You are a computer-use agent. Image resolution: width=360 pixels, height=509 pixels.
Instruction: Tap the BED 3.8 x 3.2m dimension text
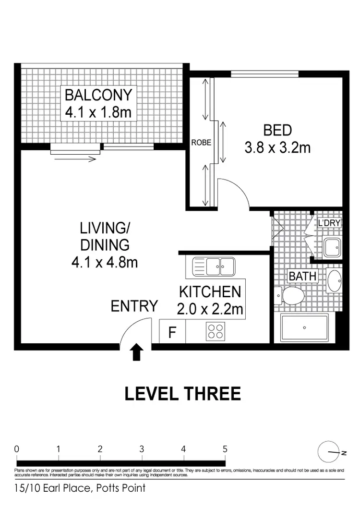tap(277, 147)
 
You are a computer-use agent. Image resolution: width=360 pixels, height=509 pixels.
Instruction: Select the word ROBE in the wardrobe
tap(201, 143)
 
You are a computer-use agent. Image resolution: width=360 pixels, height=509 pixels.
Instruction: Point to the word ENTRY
tap(134, 306)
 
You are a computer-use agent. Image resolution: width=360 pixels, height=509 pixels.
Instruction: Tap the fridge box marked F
tap(172, 332)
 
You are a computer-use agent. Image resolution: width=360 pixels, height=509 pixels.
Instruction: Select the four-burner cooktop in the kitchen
tap(214, 331)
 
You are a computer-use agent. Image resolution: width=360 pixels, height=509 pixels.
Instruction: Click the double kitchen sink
tap(213, 266)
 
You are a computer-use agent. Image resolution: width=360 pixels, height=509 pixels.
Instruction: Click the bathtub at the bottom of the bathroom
tap(304, 328)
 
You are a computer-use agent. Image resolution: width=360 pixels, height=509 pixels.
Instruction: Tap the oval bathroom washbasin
tap(335, 281)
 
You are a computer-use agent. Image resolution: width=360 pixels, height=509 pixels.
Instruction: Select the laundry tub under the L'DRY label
tap(331, 248)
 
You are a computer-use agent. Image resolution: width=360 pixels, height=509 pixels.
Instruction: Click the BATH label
tap(302, 276)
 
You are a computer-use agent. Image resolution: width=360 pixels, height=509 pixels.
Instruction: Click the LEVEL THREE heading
tap(182, 394)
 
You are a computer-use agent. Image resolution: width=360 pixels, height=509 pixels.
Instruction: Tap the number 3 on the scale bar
tap(142, 449)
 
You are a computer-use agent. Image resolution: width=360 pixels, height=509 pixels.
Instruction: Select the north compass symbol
tap(329, 451)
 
